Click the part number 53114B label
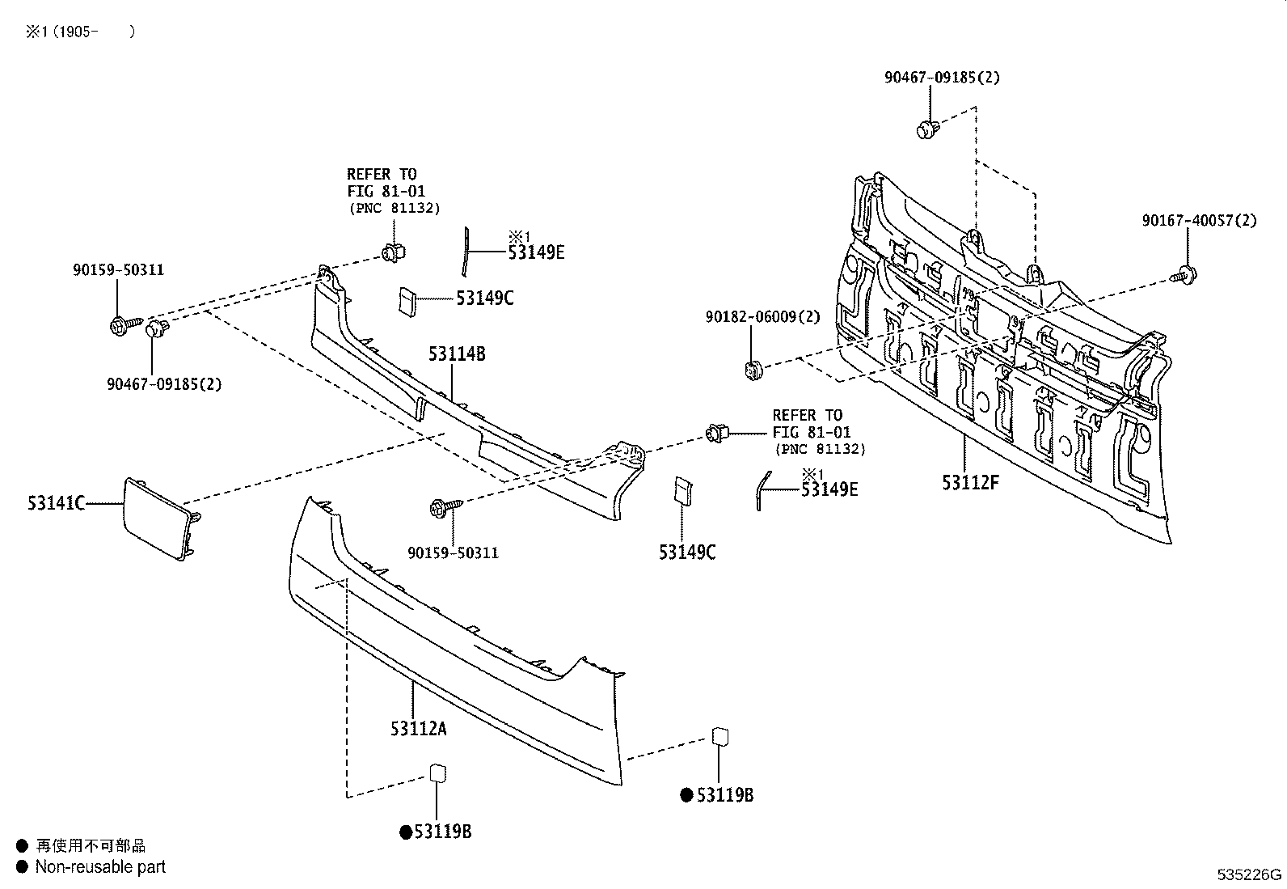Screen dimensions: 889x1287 pos(457,353)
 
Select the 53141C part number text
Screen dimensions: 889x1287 pos(56,504)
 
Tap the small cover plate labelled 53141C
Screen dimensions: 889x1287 pos(157,519)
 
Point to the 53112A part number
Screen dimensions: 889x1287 pos(418,729)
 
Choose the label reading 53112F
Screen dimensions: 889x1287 pos(970,483)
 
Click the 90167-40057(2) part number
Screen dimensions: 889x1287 pos(1199,220)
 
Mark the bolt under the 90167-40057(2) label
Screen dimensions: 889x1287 pos(1186,275)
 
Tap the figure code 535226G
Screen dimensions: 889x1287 pos(1250,874)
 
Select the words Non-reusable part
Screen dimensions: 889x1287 pos(100,867)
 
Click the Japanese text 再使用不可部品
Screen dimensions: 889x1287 pos(91,846)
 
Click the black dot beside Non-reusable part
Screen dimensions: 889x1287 pos(22,867)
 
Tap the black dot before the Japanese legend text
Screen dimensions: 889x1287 pos(22,846)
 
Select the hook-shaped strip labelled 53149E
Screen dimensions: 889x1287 pos(762,490)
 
